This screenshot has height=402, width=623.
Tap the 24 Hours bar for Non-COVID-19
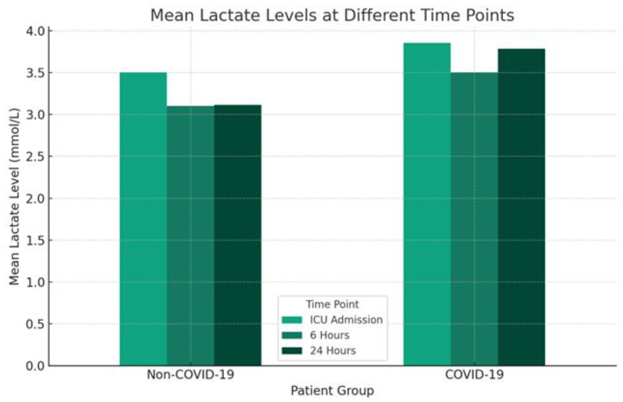click(x=237, y=235)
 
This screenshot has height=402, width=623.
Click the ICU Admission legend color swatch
click(x=292, y=320)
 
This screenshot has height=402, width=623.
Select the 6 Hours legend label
click(x=329, y=335)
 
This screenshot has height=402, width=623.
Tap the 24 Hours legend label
click(x=333, y=351)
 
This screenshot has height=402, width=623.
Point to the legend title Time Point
click(x=332, y=304)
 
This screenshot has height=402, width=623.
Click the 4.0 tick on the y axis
click(x=36, y=31)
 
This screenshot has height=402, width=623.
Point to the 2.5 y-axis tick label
click(x=36, y=157)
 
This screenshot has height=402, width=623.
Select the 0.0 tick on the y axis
click(x=36, y=366)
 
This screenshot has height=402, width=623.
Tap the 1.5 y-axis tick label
click(x=36, y=240)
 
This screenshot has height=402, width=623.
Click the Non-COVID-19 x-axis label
click(x=190, y=375)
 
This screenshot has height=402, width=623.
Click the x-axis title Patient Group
click(x=332, y=391)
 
